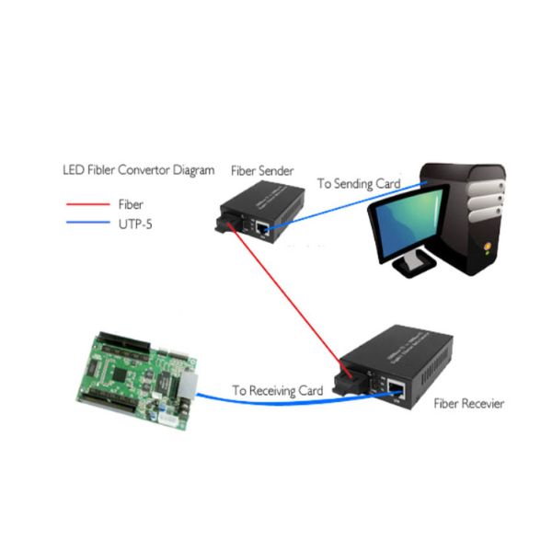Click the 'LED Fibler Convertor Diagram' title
pyautogui.click(x=138, y=170)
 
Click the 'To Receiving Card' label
pyautogui.click(x=277, y=390)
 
